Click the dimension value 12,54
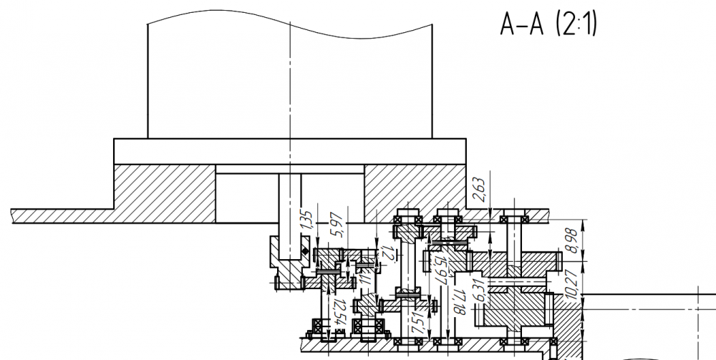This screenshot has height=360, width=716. point(340,313)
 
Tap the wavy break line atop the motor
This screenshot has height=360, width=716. point(290,27)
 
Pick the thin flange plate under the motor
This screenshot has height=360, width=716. point(290,151)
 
